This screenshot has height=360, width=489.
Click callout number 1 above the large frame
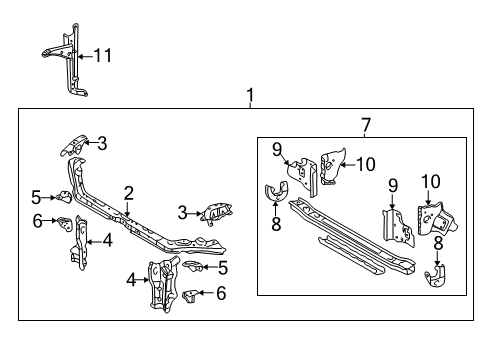pos(250,97)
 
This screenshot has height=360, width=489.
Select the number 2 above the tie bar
pos(129,192)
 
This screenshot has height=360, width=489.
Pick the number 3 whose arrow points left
pos(101,142)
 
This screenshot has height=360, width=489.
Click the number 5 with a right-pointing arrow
pos(36,196)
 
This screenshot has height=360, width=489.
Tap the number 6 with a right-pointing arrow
pos(36,221)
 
